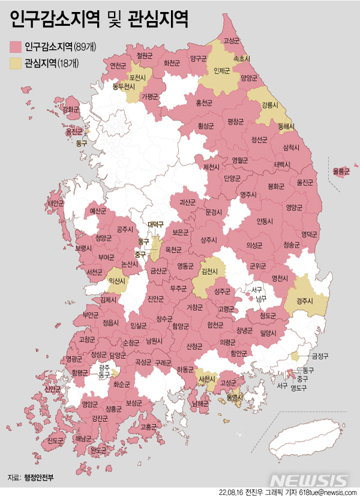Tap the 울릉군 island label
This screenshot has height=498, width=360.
click(341, 171)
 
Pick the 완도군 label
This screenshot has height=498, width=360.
click(98, 449)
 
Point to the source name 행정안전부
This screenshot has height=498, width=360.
click(39, 478)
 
